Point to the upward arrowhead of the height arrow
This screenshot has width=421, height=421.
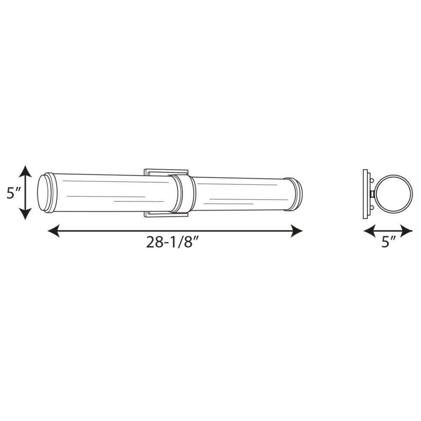tap(25, 171)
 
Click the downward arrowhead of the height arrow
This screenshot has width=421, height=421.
tap(25, 214)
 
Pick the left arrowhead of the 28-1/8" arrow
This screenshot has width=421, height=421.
tap(54, 231)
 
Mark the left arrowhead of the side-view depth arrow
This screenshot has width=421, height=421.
tap(370, 231)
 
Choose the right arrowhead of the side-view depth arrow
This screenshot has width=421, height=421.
tap(406, 231)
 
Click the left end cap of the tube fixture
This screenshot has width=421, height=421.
tap(47, 193)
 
